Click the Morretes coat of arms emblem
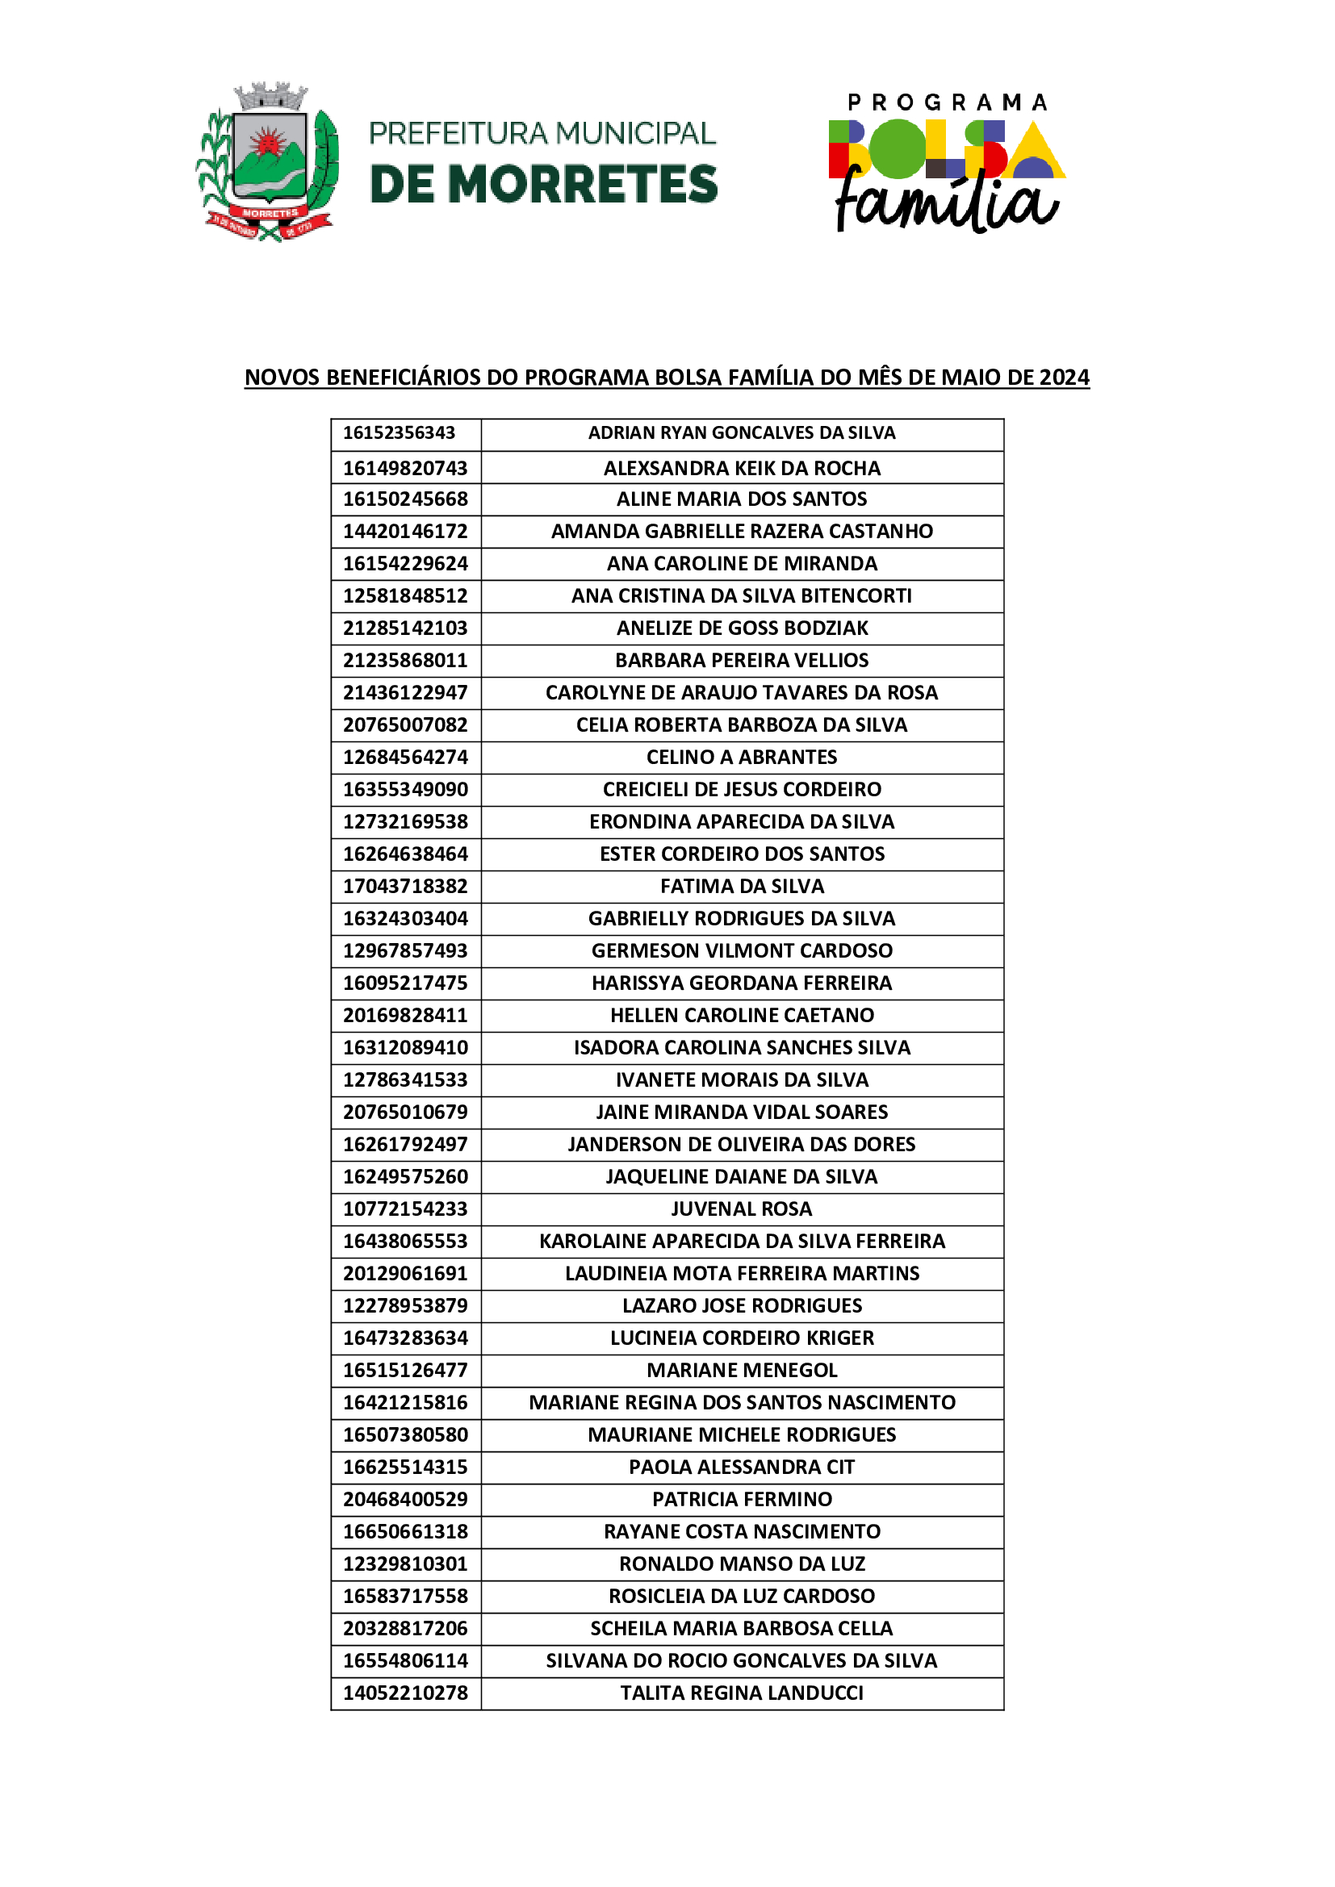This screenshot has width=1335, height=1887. [x=268, y=161]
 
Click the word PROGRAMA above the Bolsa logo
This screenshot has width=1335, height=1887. [x=947, y=102]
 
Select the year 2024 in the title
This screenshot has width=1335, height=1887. [x=1064, y=378]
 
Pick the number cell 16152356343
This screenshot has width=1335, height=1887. [x=399, y=433]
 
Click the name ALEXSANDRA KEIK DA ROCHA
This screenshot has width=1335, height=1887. [x=742, y=469]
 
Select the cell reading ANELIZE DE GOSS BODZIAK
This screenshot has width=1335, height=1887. [x=742, y=628]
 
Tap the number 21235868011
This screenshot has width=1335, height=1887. [x=405, y=660]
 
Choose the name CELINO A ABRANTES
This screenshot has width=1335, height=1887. [x=742, y=757]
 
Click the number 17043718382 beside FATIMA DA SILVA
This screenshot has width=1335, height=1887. [x=405, y=886]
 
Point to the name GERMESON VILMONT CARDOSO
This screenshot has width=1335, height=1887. [x=742, y=951]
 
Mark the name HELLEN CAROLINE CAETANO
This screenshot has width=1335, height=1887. [x=742, y=1015]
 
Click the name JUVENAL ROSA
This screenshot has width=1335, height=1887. [x=742, y=1209]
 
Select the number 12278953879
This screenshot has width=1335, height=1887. [x=405, y=1306]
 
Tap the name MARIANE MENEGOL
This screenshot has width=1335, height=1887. [x=742, y=1370]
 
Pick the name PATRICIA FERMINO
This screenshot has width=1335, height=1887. [x=742, y=1499]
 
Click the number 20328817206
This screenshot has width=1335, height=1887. [x=405, y=1628]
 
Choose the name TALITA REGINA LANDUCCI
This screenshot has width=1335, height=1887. [x=742, y=1693]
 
